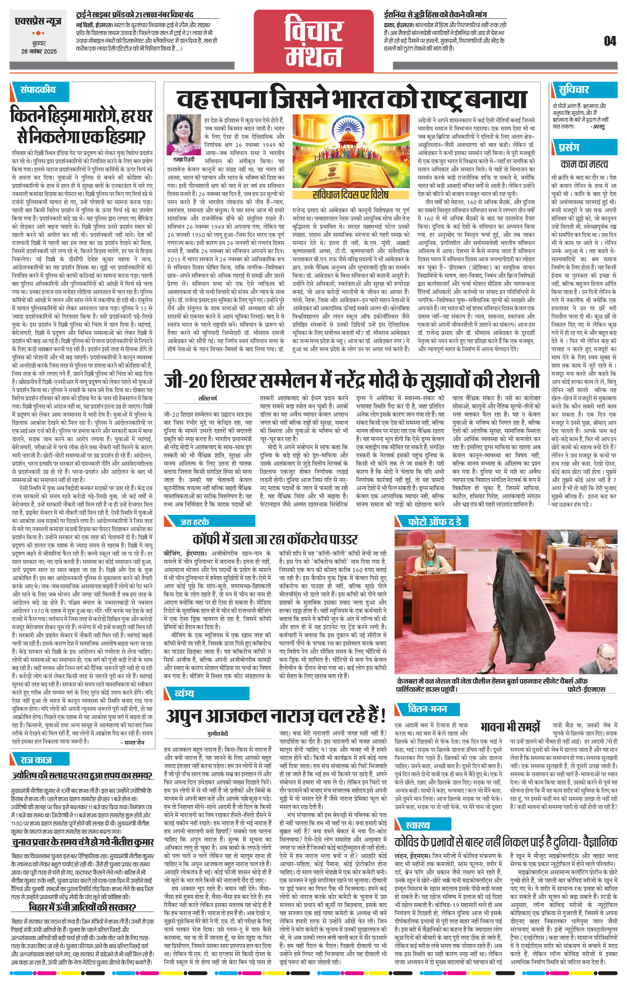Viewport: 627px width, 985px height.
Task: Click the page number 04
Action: click(609, 41)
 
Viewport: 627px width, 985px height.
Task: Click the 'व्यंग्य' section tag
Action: click(184, 694)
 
